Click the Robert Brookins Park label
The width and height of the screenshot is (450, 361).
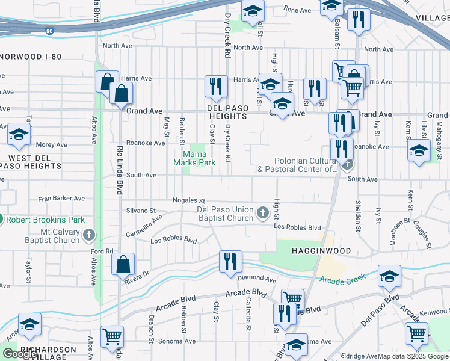tap(45, 220)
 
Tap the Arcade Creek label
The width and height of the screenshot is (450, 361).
tap(343, 280)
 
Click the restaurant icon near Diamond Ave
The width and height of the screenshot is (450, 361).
tap(231, 262)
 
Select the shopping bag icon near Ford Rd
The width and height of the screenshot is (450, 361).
tap(123, 264)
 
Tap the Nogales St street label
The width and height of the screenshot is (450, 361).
tap(189, 201)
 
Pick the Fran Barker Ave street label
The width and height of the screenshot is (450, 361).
tap(61, 198)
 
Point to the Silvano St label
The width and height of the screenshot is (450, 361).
tap(142, 211)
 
